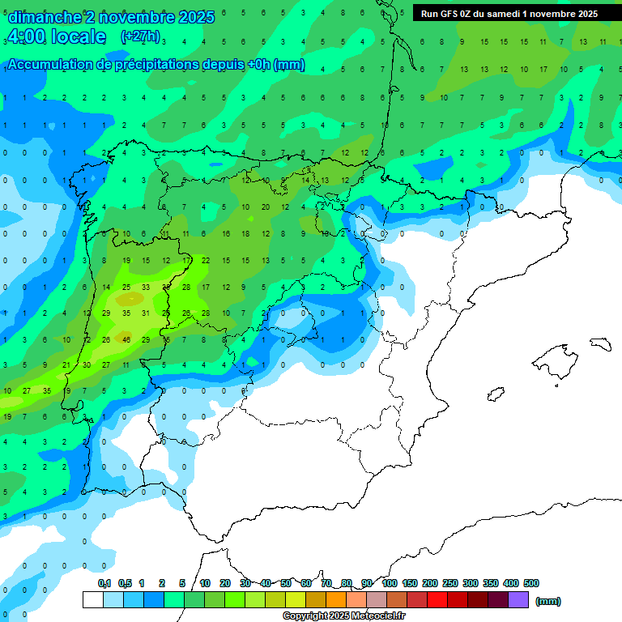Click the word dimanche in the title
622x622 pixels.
44,17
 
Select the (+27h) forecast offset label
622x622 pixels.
140,36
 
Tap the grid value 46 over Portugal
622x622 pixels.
126,339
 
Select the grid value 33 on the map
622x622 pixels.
146,287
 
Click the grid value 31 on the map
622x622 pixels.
146,313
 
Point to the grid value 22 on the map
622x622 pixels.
206,260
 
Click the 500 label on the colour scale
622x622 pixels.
531,583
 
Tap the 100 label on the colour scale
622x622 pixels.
390,583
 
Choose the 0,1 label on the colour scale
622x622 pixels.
104,583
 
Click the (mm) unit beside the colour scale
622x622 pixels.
548,601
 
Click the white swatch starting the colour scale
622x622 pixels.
92,599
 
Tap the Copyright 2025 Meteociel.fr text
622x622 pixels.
343,616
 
